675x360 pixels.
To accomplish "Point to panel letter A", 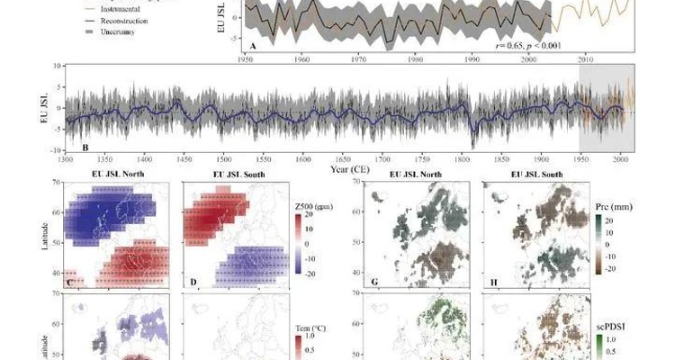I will tap(255, 45).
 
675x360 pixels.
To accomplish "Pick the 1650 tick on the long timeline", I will tap(343, 159).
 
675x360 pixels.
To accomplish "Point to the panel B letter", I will tap(85, 147).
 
